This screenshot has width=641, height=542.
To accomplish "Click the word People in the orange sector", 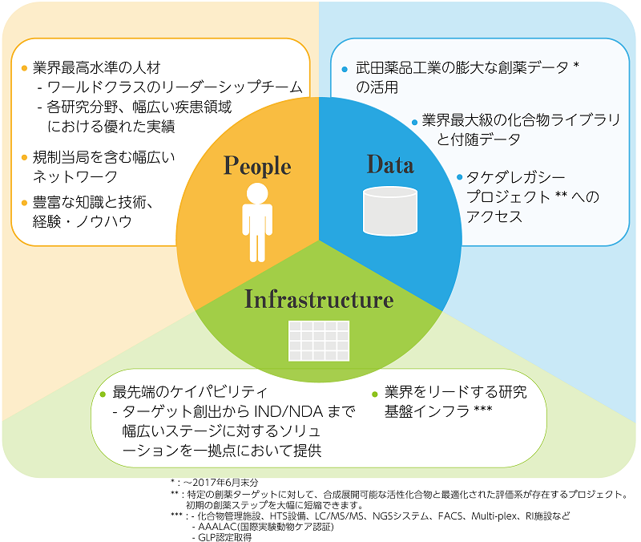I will (x=256, y=166).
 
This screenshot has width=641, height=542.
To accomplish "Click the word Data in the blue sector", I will (x=390, y=164).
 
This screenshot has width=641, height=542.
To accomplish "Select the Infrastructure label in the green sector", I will (x=319, y=300).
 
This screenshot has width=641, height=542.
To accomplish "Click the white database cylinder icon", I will (x=390, y=209).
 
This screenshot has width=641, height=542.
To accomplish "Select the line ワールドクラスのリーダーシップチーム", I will (x=169, y=87).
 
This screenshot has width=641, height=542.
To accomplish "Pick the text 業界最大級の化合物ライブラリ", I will (x=521, y=121).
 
